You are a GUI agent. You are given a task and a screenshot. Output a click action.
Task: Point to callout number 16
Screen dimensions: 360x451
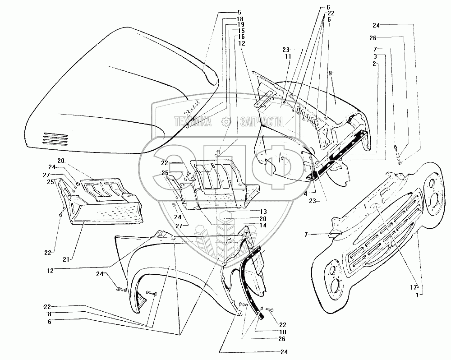pos(241,37)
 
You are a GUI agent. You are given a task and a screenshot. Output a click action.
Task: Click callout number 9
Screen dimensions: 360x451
pos(330,72)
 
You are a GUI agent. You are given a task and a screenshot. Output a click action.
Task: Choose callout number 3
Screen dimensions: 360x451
pos(376,55)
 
